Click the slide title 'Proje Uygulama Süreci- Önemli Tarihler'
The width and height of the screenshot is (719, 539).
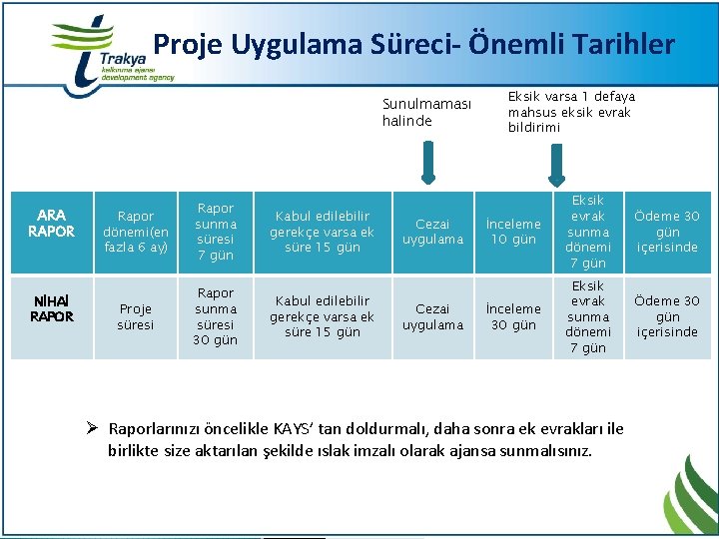413,45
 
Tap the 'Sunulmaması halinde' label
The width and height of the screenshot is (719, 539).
426,112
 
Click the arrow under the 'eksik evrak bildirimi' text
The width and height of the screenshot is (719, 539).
551,163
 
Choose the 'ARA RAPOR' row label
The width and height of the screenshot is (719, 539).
51,223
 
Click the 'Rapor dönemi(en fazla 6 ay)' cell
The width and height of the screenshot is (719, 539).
136,231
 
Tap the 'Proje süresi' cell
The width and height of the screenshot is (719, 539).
136,316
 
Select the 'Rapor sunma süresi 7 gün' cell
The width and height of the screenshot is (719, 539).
216,232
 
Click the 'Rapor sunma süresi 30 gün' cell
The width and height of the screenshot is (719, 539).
216,316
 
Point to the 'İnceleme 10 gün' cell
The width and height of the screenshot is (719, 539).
513,232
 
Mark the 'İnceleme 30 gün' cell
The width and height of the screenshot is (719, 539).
513,316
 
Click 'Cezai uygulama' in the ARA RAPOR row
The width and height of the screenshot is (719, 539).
432,232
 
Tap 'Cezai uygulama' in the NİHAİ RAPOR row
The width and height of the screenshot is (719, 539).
432,316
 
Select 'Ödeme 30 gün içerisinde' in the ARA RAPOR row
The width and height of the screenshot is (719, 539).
667,232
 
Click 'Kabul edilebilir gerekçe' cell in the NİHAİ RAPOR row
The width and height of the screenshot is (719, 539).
322,316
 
